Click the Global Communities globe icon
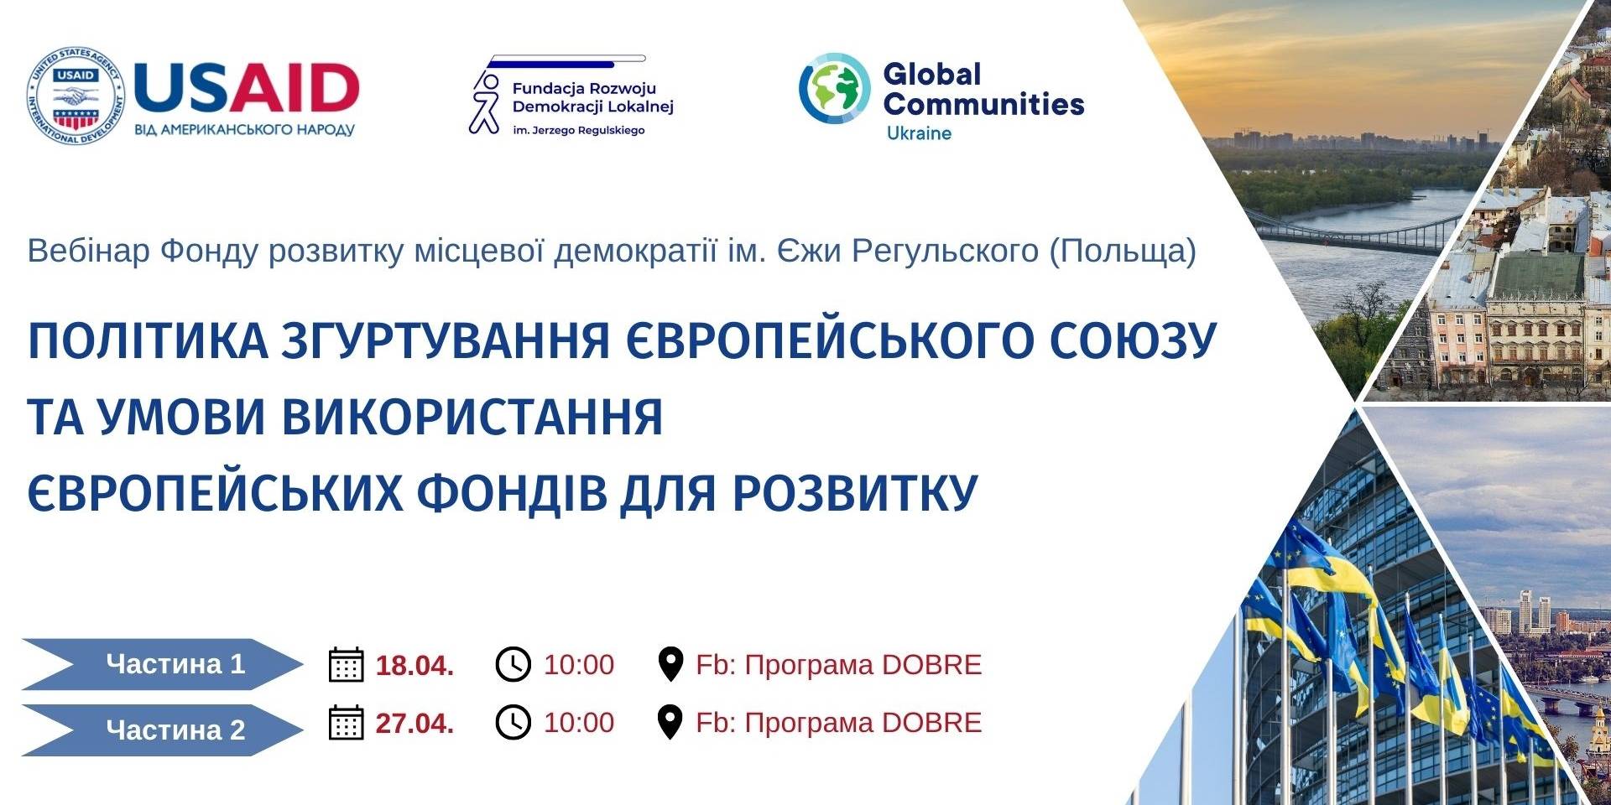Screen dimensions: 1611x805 coord(834,89)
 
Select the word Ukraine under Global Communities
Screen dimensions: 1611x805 coord(919,133)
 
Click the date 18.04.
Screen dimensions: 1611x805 coord(414,666)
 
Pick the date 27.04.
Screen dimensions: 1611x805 coord(414,723)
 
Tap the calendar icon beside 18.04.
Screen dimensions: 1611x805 coord(346,664)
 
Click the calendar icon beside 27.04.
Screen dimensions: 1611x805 coord(346,722)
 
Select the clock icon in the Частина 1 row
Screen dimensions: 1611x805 coord(514,664)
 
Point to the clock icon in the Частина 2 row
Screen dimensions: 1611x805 coord(514,722)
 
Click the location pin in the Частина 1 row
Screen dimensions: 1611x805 coord(670,664)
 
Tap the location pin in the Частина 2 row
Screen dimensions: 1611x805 coord(670,722)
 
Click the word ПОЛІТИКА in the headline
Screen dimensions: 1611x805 coord(148,340)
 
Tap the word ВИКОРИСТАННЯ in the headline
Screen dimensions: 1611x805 coord(472,417)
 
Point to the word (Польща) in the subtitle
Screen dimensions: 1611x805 coord(1123,251)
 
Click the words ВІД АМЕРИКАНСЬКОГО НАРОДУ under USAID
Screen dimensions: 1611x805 coord(244,130)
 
